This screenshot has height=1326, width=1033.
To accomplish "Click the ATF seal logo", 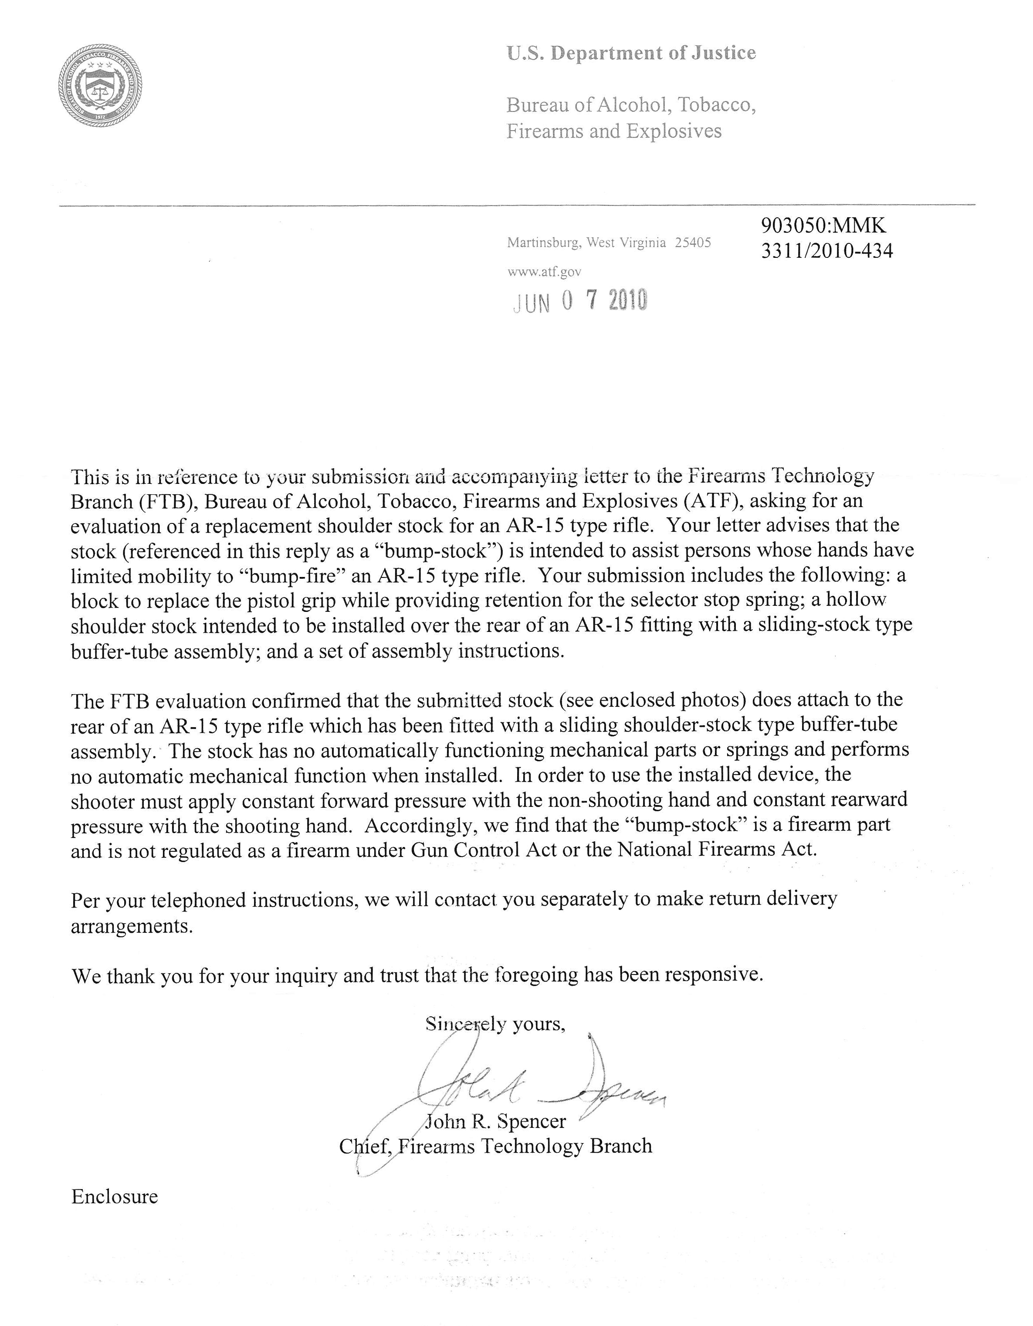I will (100, 86).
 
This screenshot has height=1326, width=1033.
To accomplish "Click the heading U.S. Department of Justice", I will (631, 54).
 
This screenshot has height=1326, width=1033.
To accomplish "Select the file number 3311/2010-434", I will (826, 251).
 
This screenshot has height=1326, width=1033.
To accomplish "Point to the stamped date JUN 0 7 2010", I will (580, 301).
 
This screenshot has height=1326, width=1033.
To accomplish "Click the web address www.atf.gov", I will (544, 273).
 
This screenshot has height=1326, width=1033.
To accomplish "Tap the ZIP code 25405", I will (693, 243).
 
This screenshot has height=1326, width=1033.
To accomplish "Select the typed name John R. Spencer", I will (495, 1121).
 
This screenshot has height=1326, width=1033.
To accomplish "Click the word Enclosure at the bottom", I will (115, 1196).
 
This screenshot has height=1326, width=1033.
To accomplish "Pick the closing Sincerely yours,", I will (495, 1024).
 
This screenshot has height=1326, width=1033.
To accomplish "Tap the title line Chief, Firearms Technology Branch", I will (495, 1146).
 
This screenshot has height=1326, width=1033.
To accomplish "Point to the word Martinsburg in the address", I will (543, 243).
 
